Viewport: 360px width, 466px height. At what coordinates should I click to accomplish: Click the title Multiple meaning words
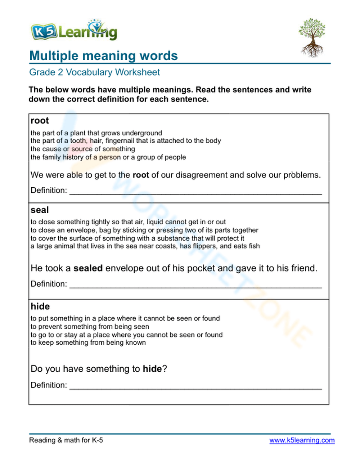(103, 56)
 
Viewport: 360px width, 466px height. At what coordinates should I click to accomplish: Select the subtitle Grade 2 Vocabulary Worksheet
(94, 72)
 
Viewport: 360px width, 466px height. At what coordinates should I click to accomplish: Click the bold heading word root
(40, 121)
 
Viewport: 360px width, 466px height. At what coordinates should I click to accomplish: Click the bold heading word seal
(40, 210)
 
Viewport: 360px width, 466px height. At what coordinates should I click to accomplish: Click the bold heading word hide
(40, 306)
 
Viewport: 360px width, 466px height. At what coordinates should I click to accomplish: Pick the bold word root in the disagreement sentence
(141, 175)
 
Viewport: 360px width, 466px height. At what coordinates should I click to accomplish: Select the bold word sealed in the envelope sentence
(88, 268)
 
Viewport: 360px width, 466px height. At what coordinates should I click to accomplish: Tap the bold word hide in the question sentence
(152, 369)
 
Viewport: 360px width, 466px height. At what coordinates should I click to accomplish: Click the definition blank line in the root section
(195, 191)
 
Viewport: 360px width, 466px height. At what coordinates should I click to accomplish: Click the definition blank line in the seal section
(195, 285)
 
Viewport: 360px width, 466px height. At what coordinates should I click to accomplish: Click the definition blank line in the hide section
(195, 386)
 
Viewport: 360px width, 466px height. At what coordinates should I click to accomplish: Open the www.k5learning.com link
(302, 440)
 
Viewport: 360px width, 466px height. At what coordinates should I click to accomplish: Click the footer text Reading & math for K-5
(66, 440)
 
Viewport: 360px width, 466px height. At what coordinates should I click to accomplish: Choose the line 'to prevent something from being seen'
(90, 327)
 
